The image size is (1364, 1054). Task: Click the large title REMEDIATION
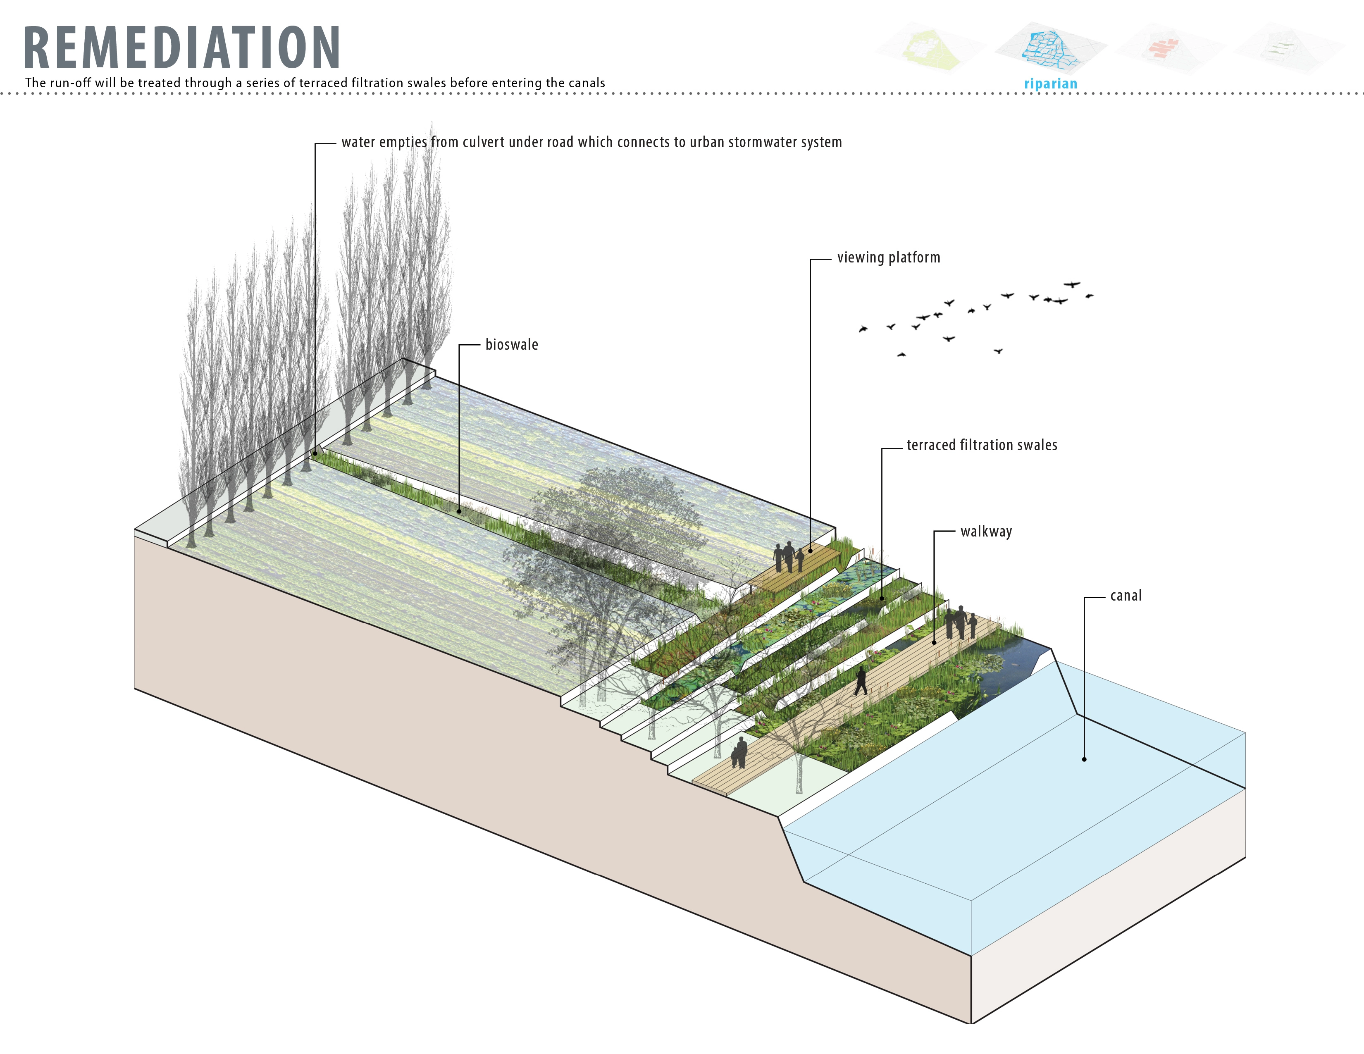coord(182,48)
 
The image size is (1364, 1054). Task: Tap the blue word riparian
coord(1050,83)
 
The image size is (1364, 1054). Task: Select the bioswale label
coord(512,345)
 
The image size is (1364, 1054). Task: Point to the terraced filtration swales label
coord(982,445)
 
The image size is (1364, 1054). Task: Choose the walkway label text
coord(986,532)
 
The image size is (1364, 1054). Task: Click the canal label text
coord(1126,596)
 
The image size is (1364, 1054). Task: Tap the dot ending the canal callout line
coord(1084,759)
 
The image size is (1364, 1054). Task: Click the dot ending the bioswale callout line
coord(459,511)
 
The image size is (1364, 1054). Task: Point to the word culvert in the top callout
coord(484,142)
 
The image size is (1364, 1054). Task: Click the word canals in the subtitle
coord(587,83)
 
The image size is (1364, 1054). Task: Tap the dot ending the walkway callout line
coord(934,642)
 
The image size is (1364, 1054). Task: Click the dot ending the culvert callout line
coord(315,454)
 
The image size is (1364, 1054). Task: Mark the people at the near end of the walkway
coord(739,752)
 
